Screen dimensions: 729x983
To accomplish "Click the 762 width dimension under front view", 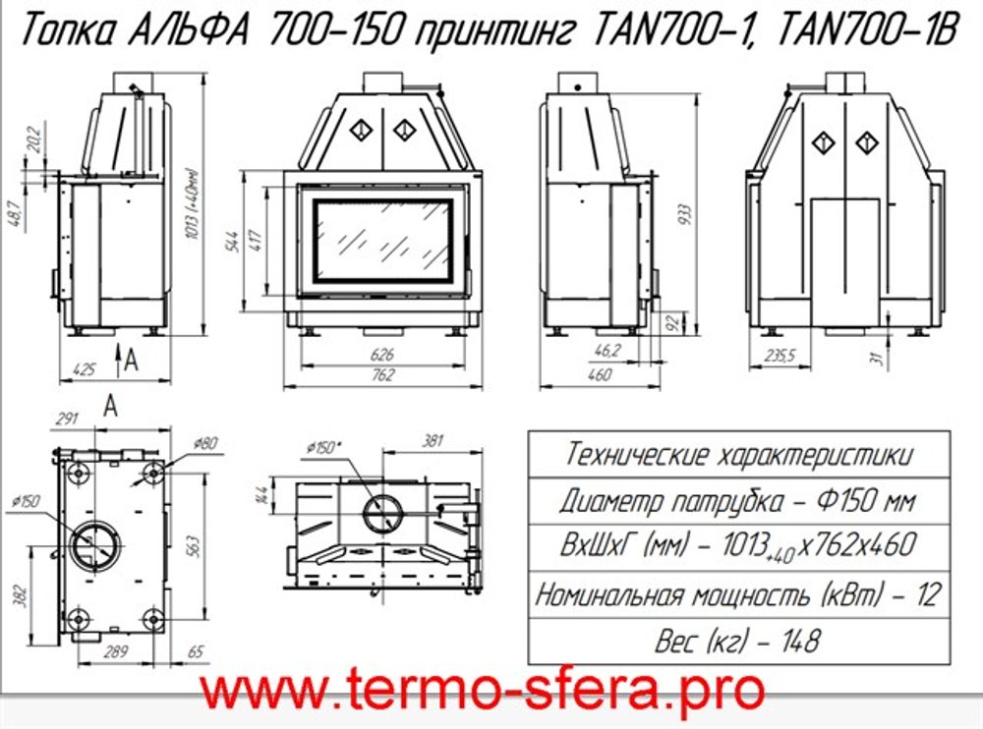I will pyautogui.click(x=383, y=374).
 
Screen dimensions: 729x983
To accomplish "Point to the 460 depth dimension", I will pyautogui.click(x=597, y=374).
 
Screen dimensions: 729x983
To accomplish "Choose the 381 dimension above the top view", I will pyautogui.click(x=434, y=441).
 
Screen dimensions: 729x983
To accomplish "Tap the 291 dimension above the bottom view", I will pyautogui.click(x=68, y=420).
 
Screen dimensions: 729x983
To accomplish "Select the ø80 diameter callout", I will pyautogui.click(x=205, y=442).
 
